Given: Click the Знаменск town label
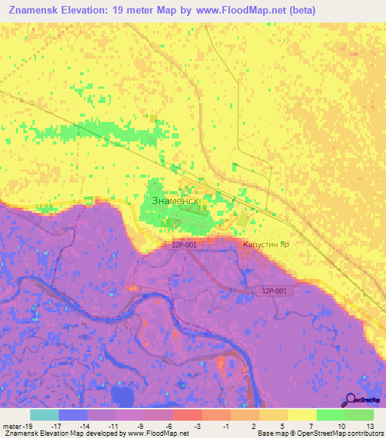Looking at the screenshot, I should click(175, 202).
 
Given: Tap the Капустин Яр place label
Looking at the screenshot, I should click(265, 245).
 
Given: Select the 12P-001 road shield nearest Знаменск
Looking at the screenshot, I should click(183, 245).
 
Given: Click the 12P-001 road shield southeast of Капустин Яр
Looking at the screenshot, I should click(274, 290).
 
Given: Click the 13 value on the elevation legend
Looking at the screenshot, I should click(369, 426).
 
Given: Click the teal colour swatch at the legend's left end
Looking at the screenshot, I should click(44, 415).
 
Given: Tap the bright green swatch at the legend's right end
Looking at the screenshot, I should click(360, 415).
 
